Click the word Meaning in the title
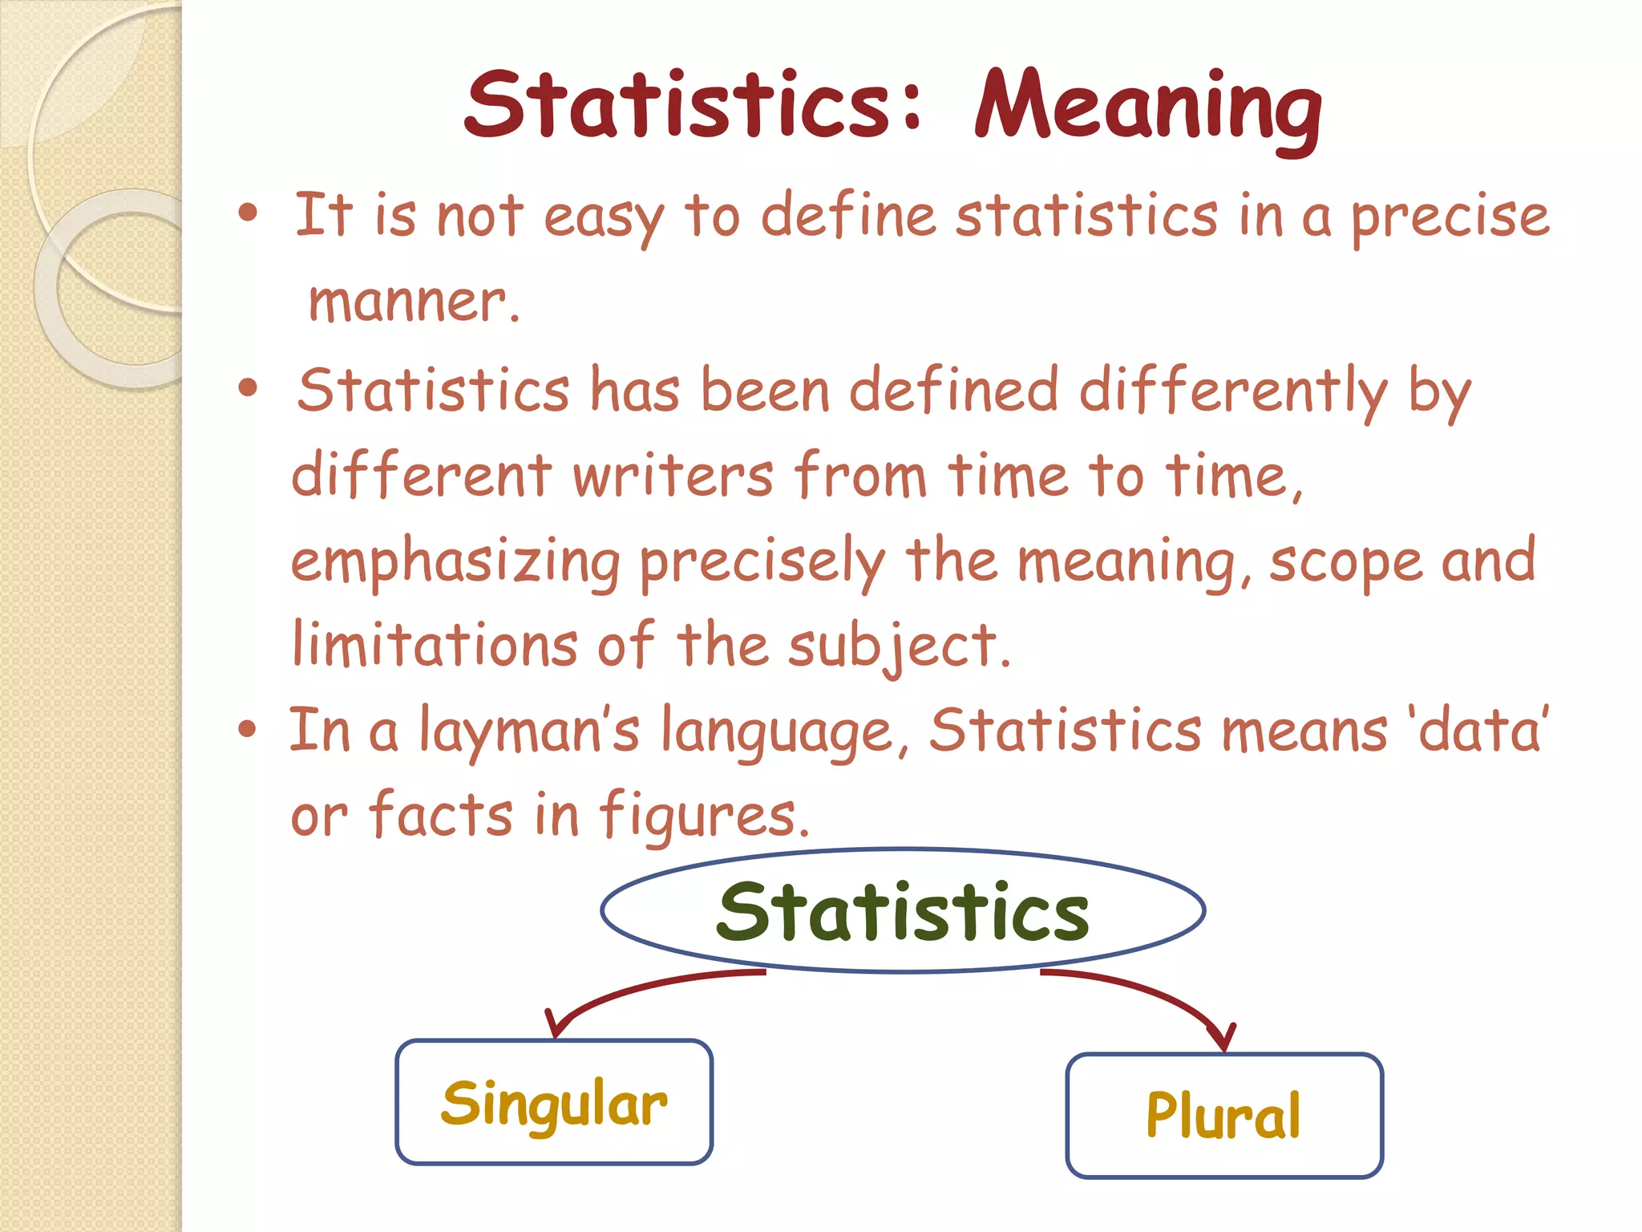pos(1148,107)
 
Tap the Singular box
pos(554,1102)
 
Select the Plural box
pos(1224,1115)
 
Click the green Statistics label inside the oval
pos(903,912)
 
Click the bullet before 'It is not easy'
pos(249,213)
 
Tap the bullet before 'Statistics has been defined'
pos(249,388)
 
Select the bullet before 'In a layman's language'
pos(248,729)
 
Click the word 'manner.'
pos(414,302)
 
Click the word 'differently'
pos(1233,392)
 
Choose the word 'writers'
pos(673,476)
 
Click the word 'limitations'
pos(435,645)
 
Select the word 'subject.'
pos(899,646)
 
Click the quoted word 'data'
pos(1480,730)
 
